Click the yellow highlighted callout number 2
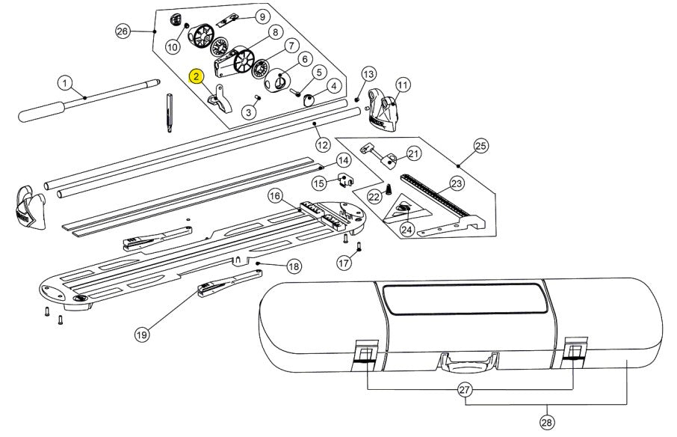click(x=196, y=76)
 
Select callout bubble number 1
click(x=66, y=82)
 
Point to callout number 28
click(x=547, y=423)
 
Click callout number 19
click(x=142, y=334)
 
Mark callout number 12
click(x=322, y=144)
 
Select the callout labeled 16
click(x=276, y=196)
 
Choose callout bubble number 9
click(x=262, y=16)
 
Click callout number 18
click(x=294, y=266)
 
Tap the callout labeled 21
click(x=414, y=153)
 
